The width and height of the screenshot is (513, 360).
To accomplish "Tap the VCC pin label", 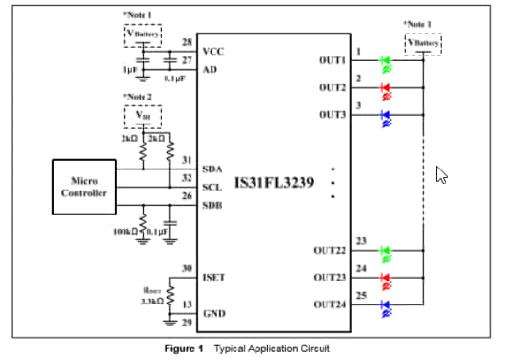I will (213, 50).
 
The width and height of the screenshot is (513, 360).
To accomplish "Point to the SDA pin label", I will (212, 169).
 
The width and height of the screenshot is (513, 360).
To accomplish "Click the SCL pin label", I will (212, 187).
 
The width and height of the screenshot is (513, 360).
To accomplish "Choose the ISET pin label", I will (214, 278).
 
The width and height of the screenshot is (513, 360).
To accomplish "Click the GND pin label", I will (213, 314).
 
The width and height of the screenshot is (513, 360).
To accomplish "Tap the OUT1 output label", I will (331, 59).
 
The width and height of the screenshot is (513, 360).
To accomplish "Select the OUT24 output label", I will (328, 304).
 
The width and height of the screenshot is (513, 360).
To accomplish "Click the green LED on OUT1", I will (386, 60).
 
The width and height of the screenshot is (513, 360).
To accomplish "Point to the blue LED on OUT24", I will (386, 306).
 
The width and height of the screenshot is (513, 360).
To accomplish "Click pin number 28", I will (187, 42).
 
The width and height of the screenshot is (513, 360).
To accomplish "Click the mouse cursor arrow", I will (441, 174).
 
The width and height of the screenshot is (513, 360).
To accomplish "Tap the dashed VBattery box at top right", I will (422, 42).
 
